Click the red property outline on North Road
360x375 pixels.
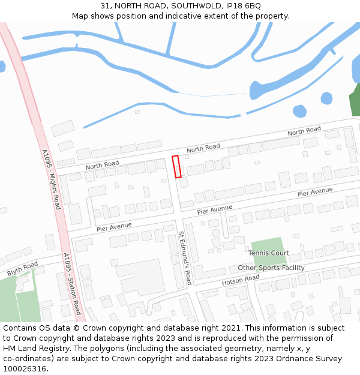(x=177, y=167)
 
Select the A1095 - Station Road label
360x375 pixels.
(x=72, y=284)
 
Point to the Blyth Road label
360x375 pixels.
(x=22, y=268)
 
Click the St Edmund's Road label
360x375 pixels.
(x=185, y=258)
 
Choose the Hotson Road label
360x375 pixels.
(x=241, y=280)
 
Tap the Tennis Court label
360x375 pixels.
(x=269, y=253)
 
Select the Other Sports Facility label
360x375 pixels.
(x=271, y=268)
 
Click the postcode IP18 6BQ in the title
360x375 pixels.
(x=243, y=6)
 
